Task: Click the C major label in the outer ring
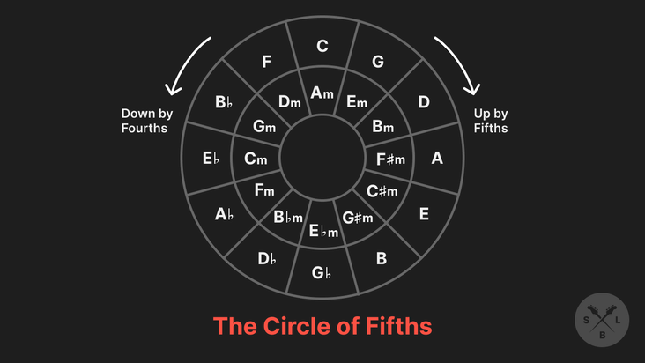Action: click(322, 46)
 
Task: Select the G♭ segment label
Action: click(322, 272)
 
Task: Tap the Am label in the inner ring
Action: click(322, 92)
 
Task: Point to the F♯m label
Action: click(389, 159)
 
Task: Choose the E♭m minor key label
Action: click(323, 232)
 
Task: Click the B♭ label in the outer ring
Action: click(224, 102)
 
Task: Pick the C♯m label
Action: click(382, 191)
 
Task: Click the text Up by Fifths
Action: click(491, 121)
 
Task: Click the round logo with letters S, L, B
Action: click(602, 320)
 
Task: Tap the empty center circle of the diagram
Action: click(322, 159)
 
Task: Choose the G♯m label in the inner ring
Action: click(358, 218)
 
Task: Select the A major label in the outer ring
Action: click(437, 159)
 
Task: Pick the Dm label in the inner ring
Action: click(290, 102)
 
